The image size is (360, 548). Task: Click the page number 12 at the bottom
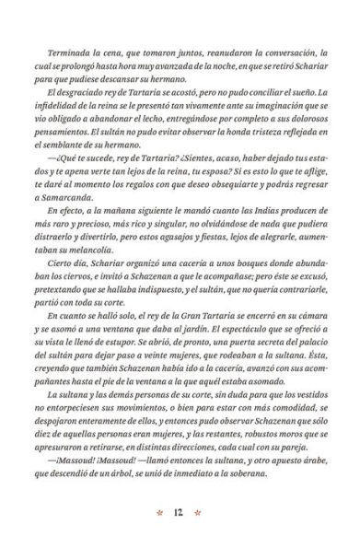[x=180, y=512]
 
